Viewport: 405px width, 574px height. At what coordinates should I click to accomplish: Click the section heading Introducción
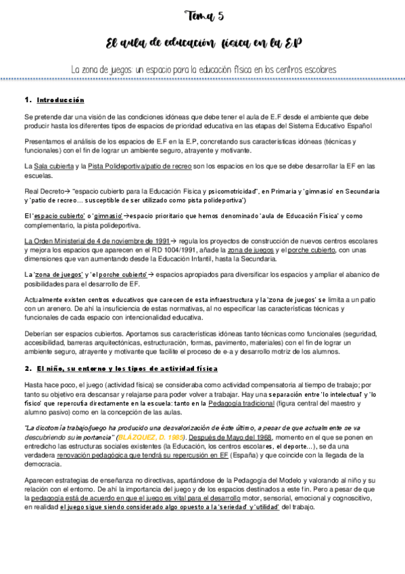click(60, 100)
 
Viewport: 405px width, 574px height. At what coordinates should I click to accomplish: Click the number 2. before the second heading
click(28, 368)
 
